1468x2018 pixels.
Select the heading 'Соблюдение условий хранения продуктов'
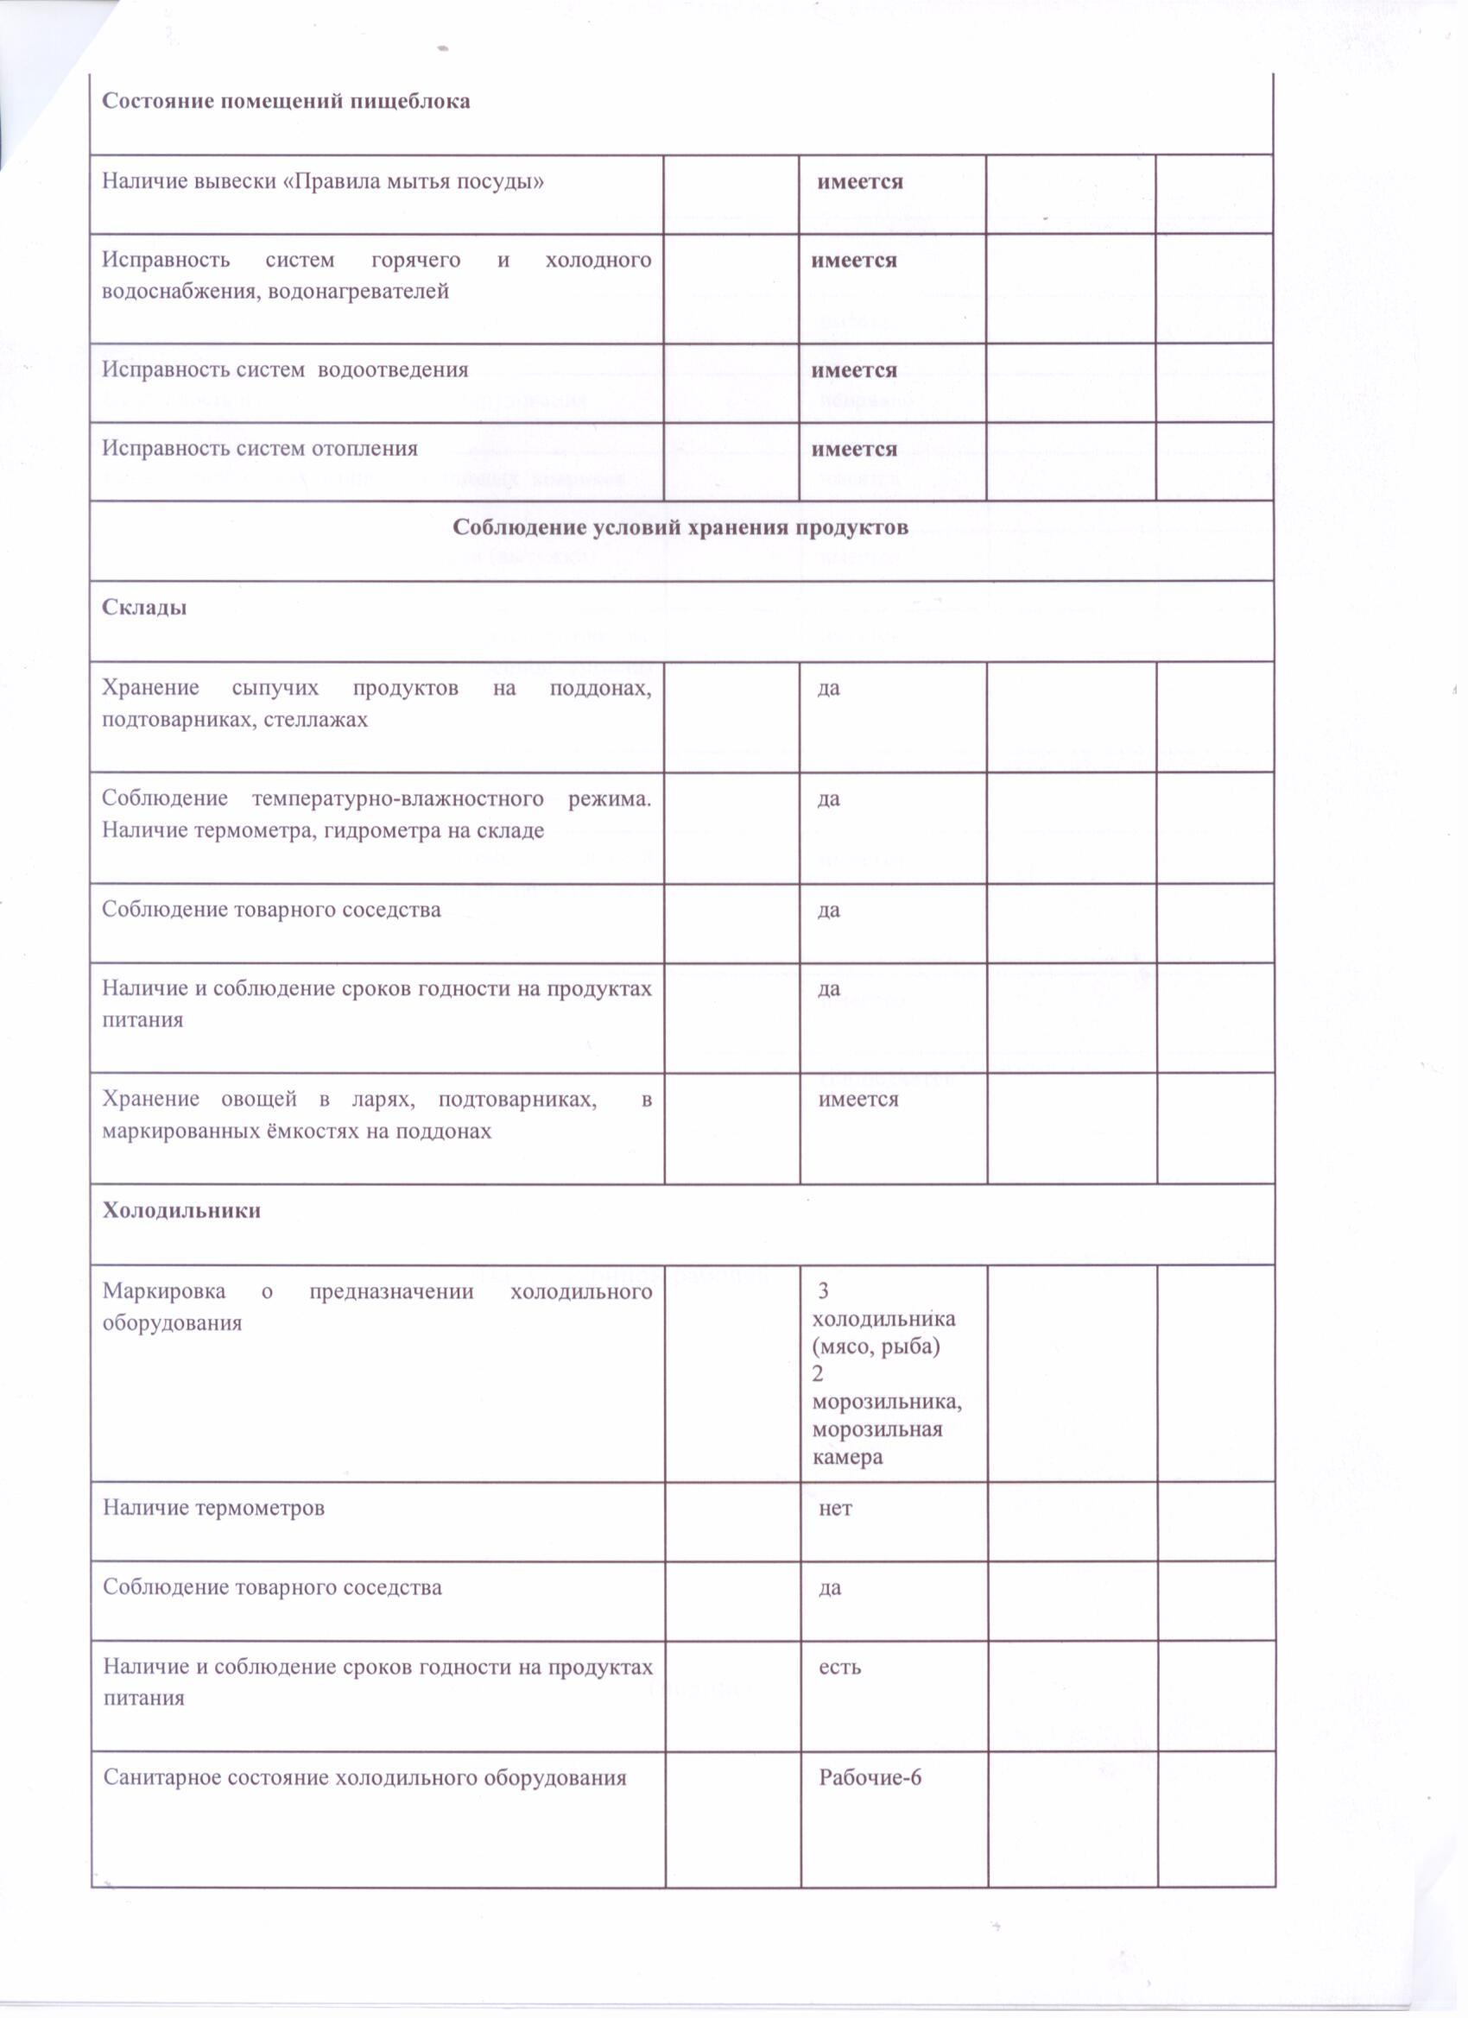click(x=680, y=527)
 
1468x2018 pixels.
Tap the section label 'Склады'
click(x=144, y=608)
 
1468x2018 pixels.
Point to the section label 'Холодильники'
click(x=181, y=1210)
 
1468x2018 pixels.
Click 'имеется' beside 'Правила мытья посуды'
click(x=860, y=181)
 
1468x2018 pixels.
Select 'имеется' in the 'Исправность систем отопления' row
click(x=854, y=449)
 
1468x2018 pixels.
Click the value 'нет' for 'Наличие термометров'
click(x=835, y=1508)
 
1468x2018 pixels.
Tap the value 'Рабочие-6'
click(x=870, y=1778)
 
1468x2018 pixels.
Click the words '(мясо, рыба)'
click(x=876, y=1346)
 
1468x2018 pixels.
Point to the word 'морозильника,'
click(x=887, y=1403)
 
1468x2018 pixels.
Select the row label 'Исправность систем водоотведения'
click(x=285, y=369)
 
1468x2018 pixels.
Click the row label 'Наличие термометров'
click(x=213, y=1508)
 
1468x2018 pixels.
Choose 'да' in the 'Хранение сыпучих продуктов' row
click(x=828, y=688)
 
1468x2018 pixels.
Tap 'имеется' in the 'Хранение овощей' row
click(x=858, y=1099)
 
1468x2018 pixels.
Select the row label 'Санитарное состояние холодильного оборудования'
click(x=365, y=1778)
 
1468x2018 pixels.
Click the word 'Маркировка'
click(x=164, y=1291)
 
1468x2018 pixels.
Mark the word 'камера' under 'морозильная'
click(x=847, y=1458)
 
